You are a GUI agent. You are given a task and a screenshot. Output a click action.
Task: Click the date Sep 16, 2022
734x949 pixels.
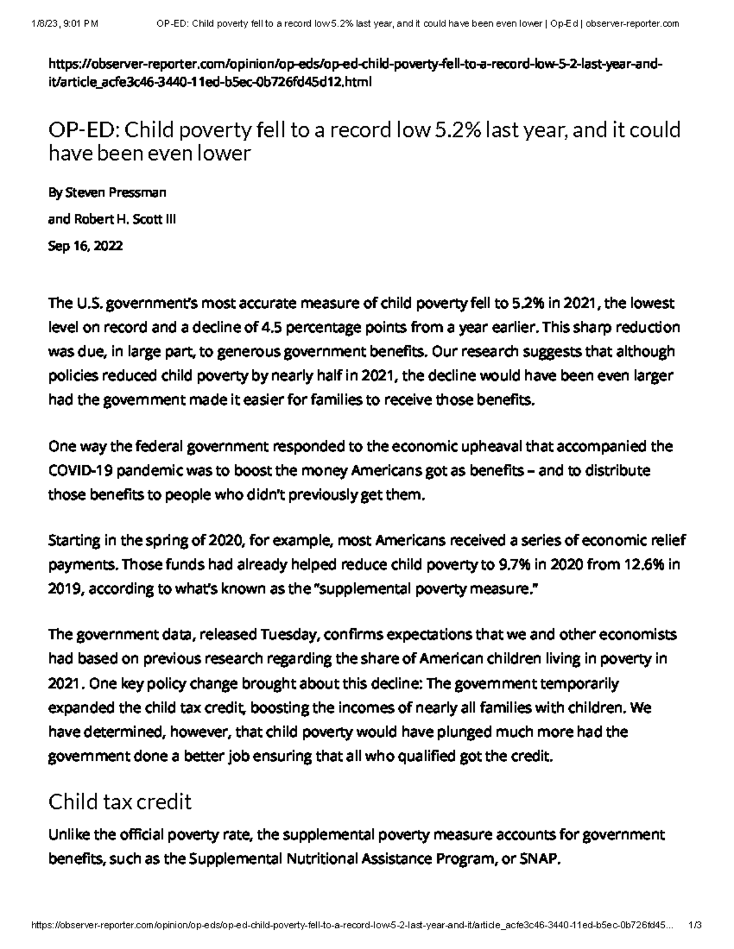click(85, 246)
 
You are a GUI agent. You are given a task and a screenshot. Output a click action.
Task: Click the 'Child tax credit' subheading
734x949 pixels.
click(120, 801)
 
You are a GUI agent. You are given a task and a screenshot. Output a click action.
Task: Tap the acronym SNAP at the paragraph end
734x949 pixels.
click(539, 859)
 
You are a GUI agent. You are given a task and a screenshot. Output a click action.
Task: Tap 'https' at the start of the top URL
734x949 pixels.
click(64, 65)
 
